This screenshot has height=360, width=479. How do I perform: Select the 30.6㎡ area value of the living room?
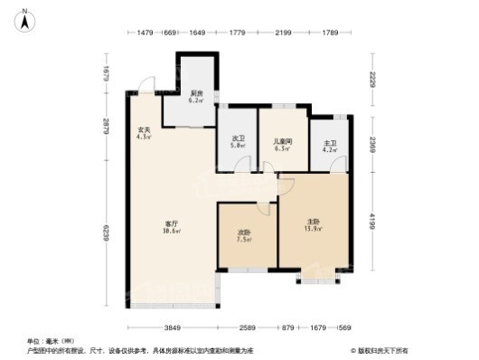pyautogui.click(x=170, y=232)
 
